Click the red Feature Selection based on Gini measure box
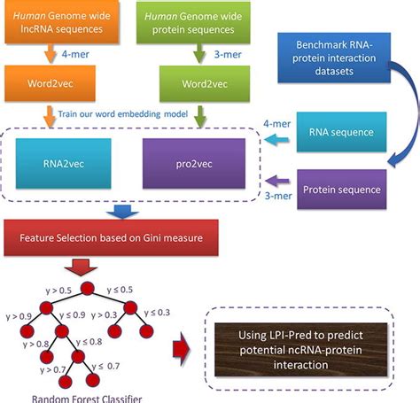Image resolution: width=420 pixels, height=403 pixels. click(126, 237)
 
